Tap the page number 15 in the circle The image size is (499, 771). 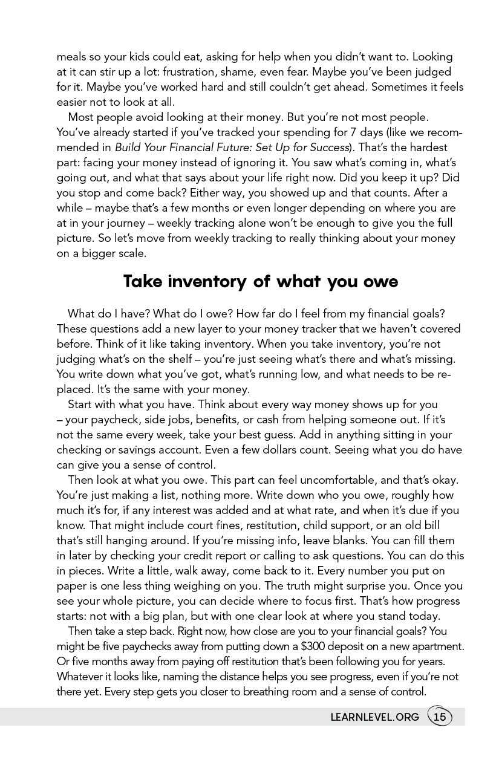[x=440, y=717]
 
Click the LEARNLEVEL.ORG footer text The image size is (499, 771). [x=374, y=717]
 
